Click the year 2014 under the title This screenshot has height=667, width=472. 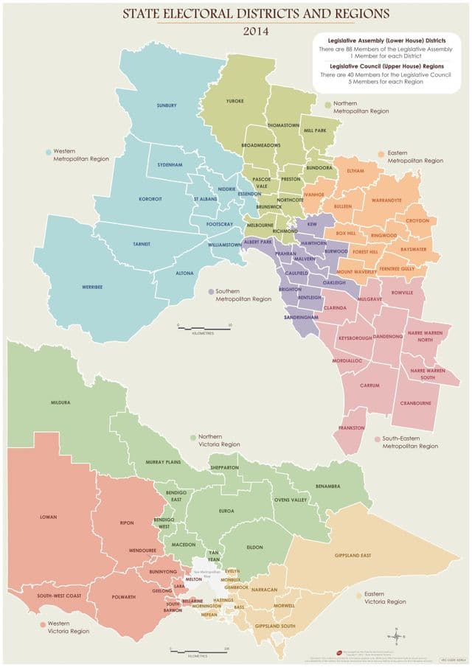(x=256, y=32)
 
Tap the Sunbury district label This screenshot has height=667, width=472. (x=167, y=105)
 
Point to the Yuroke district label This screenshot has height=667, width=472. (x=235, y=100)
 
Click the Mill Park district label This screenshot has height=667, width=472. (x=315, y=130)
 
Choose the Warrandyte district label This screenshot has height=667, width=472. (x=386, y=200)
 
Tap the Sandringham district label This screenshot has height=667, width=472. (x=300, y=317)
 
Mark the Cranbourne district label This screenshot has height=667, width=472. (x=415, y=403)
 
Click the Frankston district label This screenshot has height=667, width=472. (x=351, y=428)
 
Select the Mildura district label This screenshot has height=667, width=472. (x=60, y=403)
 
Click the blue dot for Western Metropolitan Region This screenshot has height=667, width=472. (x=49, y=153)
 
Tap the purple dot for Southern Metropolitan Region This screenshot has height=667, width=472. (x=211, y=292)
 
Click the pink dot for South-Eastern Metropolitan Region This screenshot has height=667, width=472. (x=377, y=440)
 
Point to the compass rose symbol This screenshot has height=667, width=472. (x=397, y=637)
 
